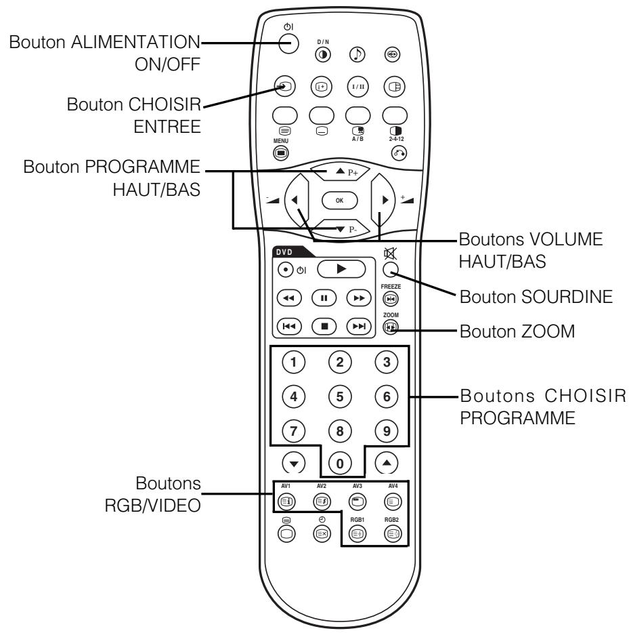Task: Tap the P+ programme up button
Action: coord(341,173)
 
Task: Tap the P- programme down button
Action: coord(341,228)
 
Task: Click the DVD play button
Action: coord(341,268)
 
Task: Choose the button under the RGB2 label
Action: coord(391,533)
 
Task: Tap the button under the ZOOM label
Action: coord(391,327)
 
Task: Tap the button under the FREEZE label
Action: coord(391,298)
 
